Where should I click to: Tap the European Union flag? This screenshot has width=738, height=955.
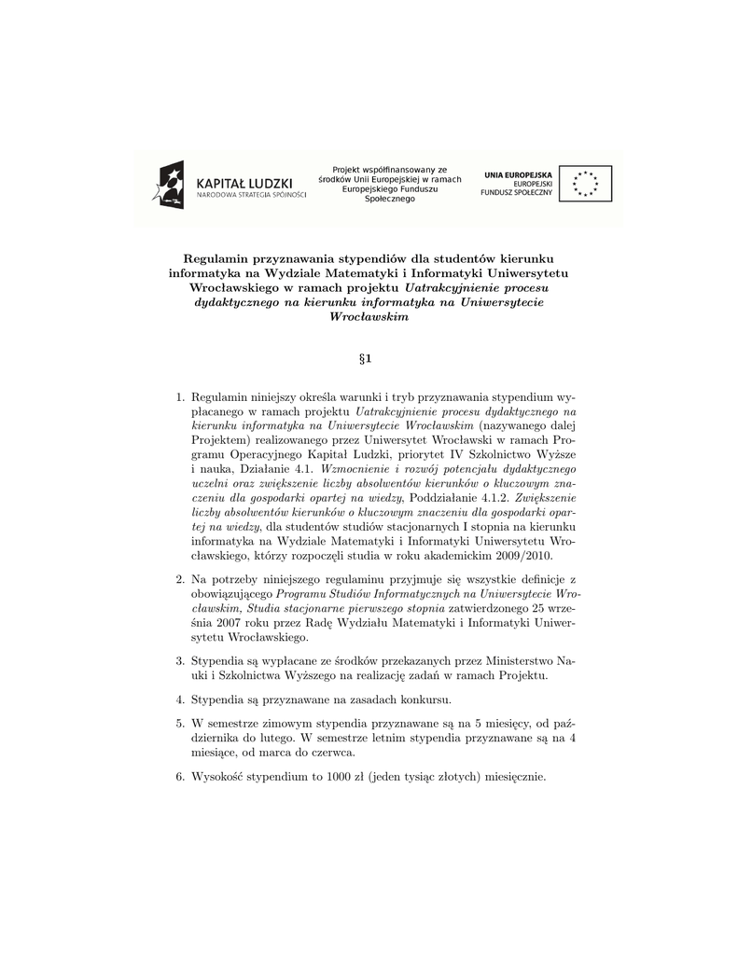click(x=586, y=183)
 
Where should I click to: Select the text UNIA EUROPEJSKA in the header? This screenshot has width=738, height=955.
click(x=518, y=174)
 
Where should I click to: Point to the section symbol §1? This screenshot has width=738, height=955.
click(x=369, y=358)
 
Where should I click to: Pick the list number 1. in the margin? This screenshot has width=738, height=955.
click(x=181, y=395)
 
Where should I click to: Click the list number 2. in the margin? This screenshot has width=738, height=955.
click(x=181, y=579)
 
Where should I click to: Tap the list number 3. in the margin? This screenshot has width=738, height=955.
click(x=181, y=661)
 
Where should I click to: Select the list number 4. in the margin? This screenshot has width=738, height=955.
click(x=181, y=699)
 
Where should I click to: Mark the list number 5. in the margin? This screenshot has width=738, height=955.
click(x=181, y=723)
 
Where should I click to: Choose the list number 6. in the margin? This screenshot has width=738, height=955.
click(x=181, y=776)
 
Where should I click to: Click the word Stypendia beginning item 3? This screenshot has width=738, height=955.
click(x=218, y=661)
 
